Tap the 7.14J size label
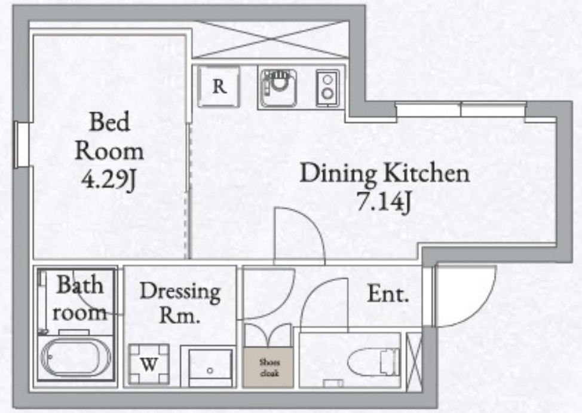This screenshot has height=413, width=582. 384,203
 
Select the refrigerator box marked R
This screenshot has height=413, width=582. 219,87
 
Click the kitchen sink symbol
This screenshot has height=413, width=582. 278,88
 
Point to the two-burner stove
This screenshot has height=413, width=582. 327,88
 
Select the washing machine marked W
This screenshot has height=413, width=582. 149,365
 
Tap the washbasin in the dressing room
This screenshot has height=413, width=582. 210,368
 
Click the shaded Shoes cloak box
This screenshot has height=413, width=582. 268,368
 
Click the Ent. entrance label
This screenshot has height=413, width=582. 388,295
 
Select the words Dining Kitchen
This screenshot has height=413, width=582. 385,173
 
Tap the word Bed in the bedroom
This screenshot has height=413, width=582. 109,121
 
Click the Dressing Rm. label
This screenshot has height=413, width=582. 180,302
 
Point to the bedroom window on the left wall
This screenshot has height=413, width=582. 22,145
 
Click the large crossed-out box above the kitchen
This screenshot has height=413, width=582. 271,39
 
